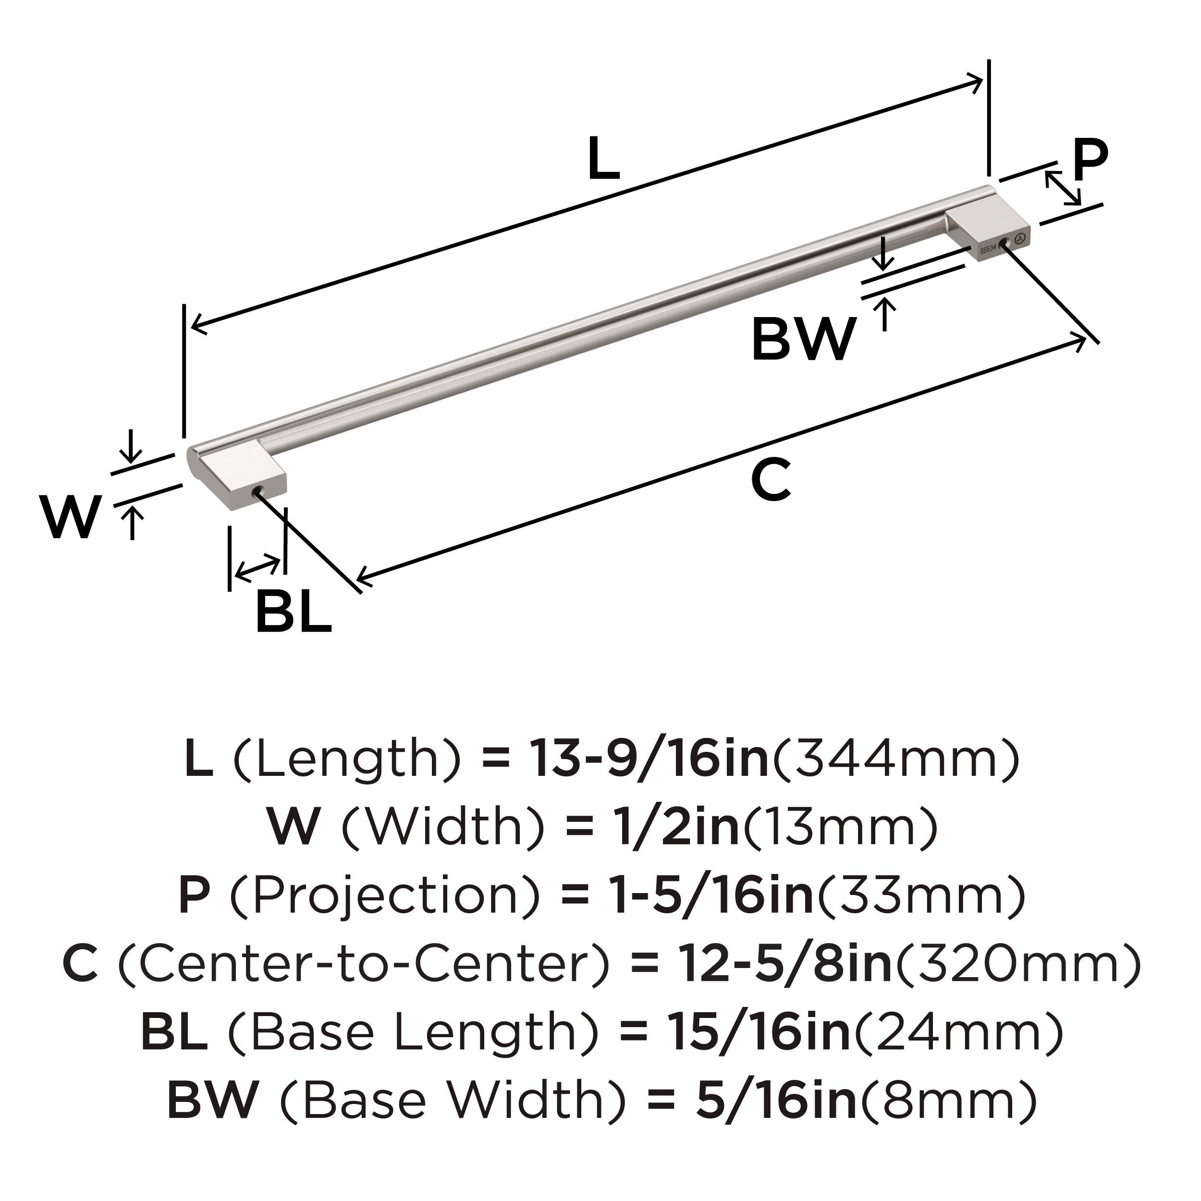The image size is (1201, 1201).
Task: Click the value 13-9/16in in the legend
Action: point(649,760)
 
